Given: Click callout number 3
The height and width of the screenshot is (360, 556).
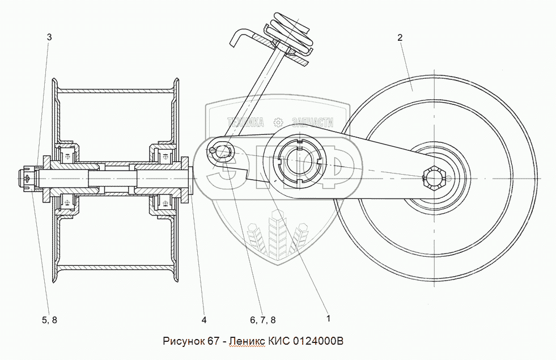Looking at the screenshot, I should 49,37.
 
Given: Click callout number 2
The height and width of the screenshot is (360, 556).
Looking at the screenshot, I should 400,37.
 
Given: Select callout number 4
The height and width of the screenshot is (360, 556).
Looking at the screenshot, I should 203,320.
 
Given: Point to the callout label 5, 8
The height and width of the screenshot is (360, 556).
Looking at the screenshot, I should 49,320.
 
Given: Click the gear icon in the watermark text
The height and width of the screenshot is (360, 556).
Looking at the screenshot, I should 278,122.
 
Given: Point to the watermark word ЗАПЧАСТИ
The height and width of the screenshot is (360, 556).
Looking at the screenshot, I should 311,122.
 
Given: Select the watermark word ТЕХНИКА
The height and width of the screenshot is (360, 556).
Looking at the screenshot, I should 246,122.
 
